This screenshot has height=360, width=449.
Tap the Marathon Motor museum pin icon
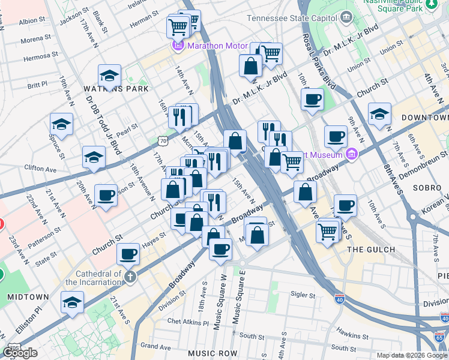coord(178,46)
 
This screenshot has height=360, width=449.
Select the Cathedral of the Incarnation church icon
coord(131,277)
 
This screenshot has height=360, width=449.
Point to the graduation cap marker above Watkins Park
coord(109,76)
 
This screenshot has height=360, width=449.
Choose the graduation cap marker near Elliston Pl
coord(72,302)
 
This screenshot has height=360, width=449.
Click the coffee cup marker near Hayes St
coord(128,254)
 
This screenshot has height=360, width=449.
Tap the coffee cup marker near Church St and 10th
coord(312,100)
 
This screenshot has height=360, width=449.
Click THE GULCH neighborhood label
coord(371,250)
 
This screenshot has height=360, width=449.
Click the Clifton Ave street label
coord(41,170)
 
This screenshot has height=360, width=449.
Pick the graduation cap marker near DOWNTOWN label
coord(379,113)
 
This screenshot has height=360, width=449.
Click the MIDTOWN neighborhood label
coord(28,297)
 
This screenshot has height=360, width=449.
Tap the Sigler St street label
coord(303,295)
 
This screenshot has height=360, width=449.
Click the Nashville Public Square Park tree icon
coord(431,4)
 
